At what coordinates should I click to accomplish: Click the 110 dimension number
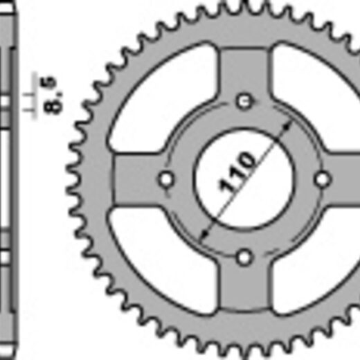click(x=237, y=172)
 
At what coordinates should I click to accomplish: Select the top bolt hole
click(x=244, y=101)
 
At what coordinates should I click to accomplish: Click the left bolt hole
click(x=166, y=179)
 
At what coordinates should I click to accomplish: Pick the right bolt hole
click(x=323, y=179)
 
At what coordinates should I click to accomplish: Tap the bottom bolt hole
click(x=244, y=258)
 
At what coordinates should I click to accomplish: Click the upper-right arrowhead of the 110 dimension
click(x=287, y=126)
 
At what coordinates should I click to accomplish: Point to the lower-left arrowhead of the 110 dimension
click(x=204, y=234)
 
